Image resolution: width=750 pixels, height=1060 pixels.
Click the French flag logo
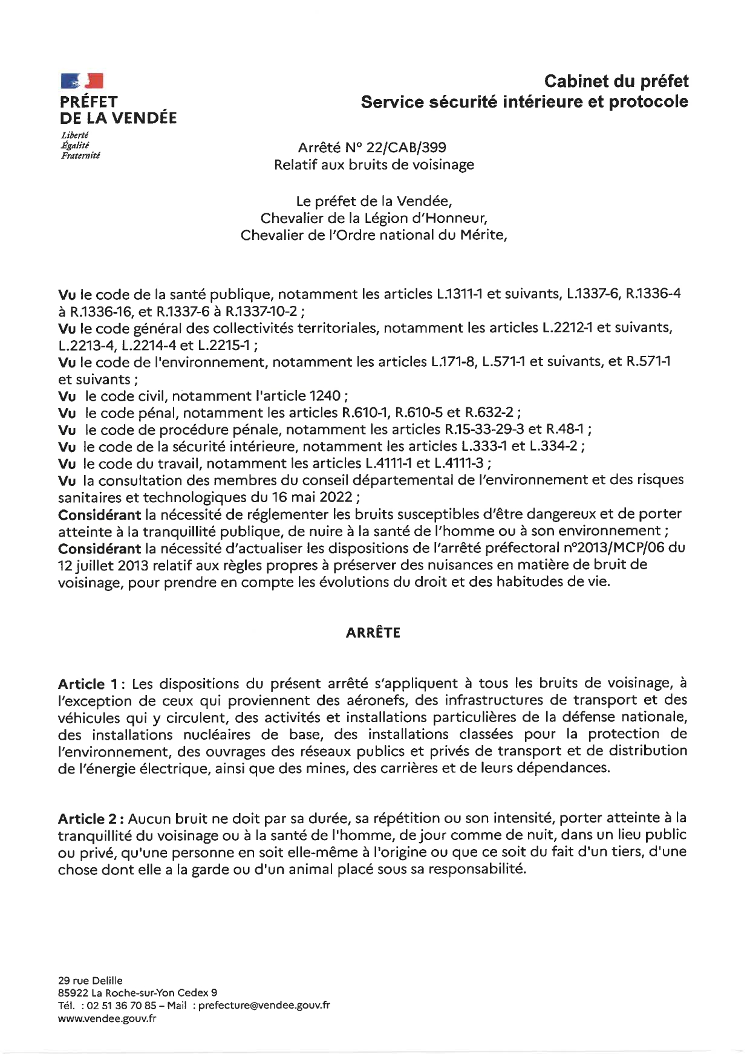click(x=82, y=81)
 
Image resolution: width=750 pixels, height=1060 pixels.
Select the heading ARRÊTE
click(x=373, y=633)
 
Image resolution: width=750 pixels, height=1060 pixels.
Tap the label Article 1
click(x=88, y=684)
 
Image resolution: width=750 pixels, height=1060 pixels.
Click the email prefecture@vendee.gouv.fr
click(x=264, y=1005)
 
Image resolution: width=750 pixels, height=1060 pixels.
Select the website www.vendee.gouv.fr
click(x=107, y=1018)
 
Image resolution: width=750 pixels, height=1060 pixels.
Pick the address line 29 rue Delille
click(x=90, y=980)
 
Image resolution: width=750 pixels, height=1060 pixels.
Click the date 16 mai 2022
click(x=315, y=497)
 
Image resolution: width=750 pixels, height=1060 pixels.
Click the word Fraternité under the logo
click(x=80, y=155)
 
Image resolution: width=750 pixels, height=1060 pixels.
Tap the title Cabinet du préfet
click(x=616, y=81)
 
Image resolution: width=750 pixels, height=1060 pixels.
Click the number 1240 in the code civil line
click(x=325, y=396)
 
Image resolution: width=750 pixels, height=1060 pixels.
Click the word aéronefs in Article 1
click(x=380, y=700)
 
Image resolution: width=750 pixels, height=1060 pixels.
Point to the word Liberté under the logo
click(x=74, y=135)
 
